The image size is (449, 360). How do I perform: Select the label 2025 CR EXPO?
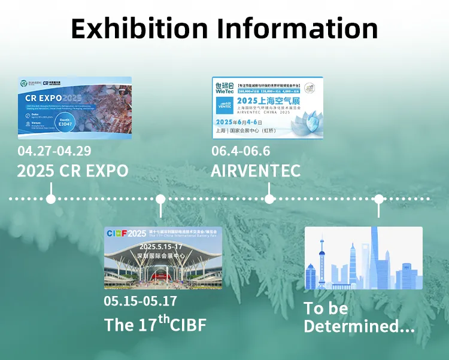point(72,170)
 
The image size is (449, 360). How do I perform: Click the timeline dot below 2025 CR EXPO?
point(51,199)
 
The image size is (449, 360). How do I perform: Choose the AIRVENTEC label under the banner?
point(255,170)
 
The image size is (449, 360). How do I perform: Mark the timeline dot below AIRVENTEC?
point(269,199)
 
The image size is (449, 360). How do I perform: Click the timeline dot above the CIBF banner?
point(160,199)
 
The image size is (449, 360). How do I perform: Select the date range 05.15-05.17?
point(140,301)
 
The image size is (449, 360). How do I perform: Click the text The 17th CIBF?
point(155,324)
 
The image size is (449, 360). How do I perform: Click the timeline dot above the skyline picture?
point(378,199)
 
